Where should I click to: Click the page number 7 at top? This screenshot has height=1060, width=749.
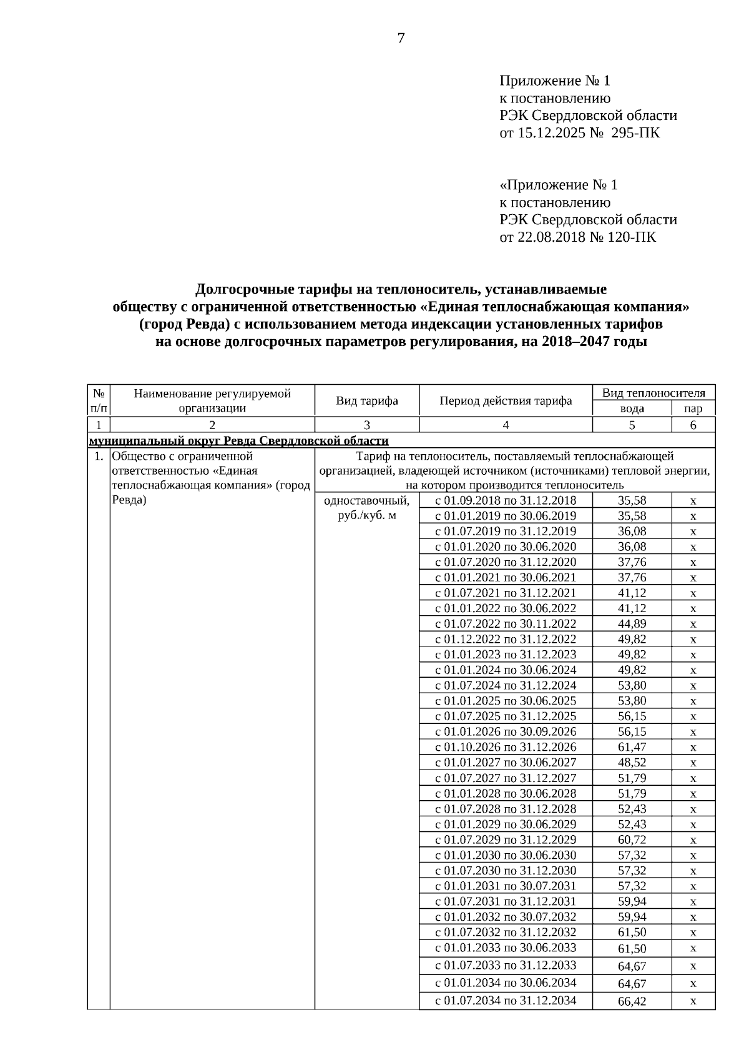click(x=401, y=39)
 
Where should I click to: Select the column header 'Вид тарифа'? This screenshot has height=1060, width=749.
click(x=367, y=401)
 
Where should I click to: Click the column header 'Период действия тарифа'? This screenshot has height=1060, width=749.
click(x=506, y=401)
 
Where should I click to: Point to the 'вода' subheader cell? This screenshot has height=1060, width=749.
click(x=632, y=409)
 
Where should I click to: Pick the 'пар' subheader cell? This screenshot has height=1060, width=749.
click(x=693, y=409)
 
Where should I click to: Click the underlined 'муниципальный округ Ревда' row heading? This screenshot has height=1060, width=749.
click(x=239, y=441)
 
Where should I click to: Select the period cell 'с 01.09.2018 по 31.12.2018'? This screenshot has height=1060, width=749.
click(x=506, y=500)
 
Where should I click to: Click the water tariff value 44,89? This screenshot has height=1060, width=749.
click(x=632, y=623)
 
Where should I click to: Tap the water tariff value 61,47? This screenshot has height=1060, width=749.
click(x=632, y=747)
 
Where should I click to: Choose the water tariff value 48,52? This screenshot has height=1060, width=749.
click(x=632, y=763)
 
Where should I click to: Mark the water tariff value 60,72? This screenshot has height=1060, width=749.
click(x=632, y=840)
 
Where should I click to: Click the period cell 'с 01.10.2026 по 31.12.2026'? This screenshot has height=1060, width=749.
click(x=506, y=747)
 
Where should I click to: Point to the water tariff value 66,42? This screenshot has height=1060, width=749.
click(x=632, y=1001)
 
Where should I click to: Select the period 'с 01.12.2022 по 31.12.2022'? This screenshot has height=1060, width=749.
click(x=506, y=639)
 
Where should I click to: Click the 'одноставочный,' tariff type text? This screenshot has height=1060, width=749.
click(x=367, y=501)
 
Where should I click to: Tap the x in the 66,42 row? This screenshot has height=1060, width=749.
click(x=693, y=1001)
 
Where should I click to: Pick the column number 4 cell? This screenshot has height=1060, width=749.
click(x=506, y=425)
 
